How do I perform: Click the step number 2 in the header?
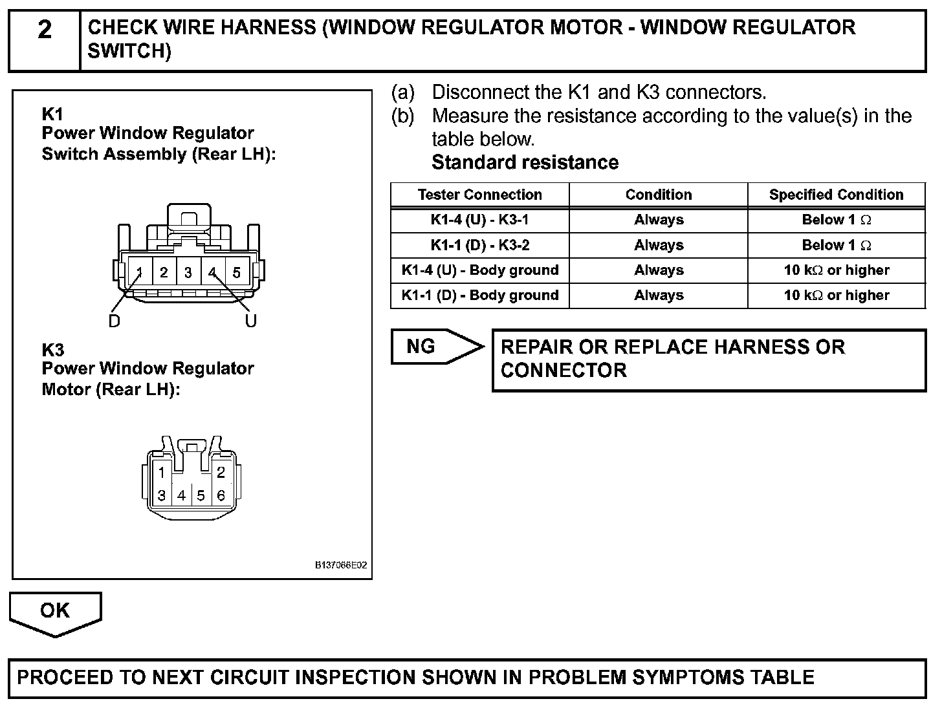(x=44, y=30)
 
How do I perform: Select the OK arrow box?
(x=55, y=611)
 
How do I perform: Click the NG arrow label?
(x=421, y=347)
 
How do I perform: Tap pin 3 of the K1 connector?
(x=188, y=272)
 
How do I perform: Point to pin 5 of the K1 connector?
(x=237, y=272)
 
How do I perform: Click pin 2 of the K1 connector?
(x=164, y=272)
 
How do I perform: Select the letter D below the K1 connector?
(x=114, y=321)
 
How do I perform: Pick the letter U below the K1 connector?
(x=251, y=321)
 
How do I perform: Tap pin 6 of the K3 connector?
(x=221, y=496)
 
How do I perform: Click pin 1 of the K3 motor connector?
(x=162, y=473)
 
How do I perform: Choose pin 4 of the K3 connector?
(x=181, y=496)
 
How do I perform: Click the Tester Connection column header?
(x=479, y=195)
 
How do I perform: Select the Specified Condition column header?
(x=836, y=195)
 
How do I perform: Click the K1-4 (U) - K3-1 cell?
(x=479, y=220)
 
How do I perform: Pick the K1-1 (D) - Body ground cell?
(x=479, y=296)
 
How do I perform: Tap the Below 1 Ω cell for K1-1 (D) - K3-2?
(x=836, y=245)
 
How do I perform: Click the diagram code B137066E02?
(x=341, y=565)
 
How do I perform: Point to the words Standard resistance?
(x=525, y=162)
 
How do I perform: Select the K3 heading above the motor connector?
(x=52, y=350)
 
